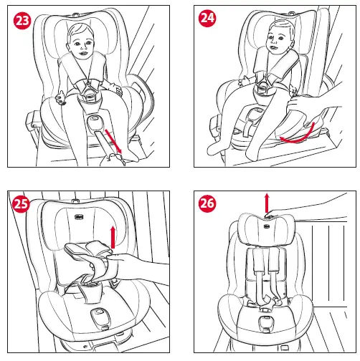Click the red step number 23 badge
tap(22, 21)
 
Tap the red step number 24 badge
tap(207, 18)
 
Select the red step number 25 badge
tap(21, 204)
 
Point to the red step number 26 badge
tap(207, 203)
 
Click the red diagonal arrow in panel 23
tap(113, 142)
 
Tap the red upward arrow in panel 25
tap(113, 237)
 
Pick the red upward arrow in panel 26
tap(267, 203)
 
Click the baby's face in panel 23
tap(81, 44)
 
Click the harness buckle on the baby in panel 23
tap(89, 92)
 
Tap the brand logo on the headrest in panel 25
tap(79, 217)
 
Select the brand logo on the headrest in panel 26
tap(267, 226)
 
